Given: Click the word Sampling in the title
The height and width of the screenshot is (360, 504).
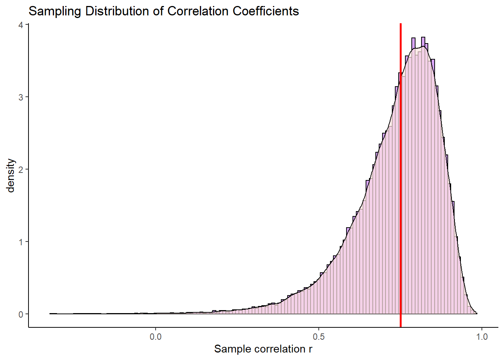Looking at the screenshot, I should coord(55,11).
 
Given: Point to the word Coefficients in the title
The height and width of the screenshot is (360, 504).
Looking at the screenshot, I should coord(266,11).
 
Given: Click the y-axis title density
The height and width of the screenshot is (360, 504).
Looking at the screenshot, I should coord(11,175).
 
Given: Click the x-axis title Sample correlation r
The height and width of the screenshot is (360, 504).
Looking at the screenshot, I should coord(263,349).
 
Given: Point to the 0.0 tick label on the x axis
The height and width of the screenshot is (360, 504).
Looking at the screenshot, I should coord(156,337).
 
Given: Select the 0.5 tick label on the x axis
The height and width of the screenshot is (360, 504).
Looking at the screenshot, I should coord(319,337).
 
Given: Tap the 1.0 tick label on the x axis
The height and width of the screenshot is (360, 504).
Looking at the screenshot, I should coord(482,337).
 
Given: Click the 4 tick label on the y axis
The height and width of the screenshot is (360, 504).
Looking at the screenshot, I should coord(21,25).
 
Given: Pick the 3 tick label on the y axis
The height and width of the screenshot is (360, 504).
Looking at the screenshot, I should coord(21,97).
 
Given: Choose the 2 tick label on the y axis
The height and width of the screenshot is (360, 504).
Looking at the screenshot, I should coord(21,169).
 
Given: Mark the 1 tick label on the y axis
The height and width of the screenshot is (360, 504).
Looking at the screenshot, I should coord(21,242).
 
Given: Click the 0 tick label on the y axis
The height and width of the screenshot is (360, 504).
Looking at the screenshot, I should coord(21,314).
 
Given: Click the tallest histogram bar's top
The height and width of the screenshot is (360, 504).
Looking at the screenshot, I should coord(423,37).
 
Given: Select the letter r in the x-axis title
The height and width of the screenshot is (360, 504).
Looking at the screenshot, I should coord(310,349).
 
